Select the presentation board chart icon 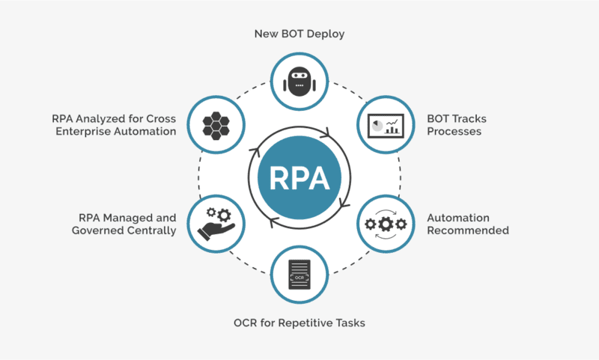click(386, 123)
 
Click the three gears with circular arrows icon click(385, 223)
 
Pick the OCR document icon click(299, 274)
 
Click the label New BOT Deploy click(299, 34)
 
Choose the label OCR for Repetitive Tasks click(299, 323)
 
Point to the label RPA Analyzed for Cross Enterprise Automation click(114, 124)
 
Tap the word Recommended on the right click(468, 231)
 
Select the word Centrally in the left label click(152, 231)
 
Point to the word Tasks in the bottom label click(349, 323)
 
